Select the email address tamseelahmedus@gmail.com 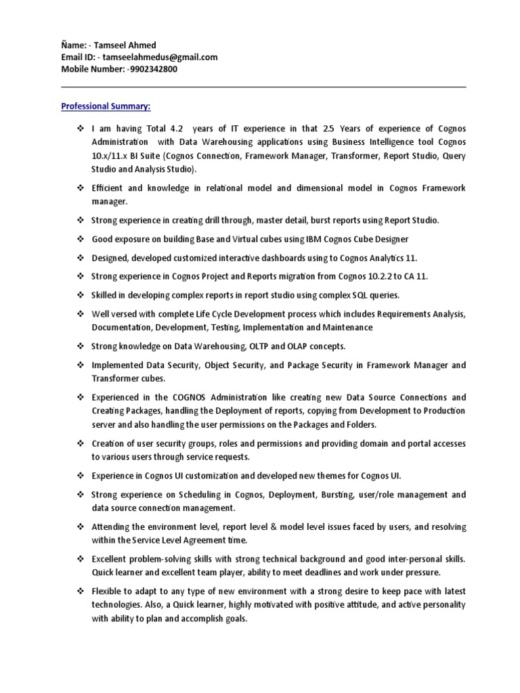pos(160,58)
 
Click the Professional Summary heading pos(106,106)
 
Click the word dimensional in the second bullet pos(301,188)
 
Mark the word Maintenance pos(348,328)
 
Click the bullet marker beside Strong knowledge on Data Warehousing pos(79,346)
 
